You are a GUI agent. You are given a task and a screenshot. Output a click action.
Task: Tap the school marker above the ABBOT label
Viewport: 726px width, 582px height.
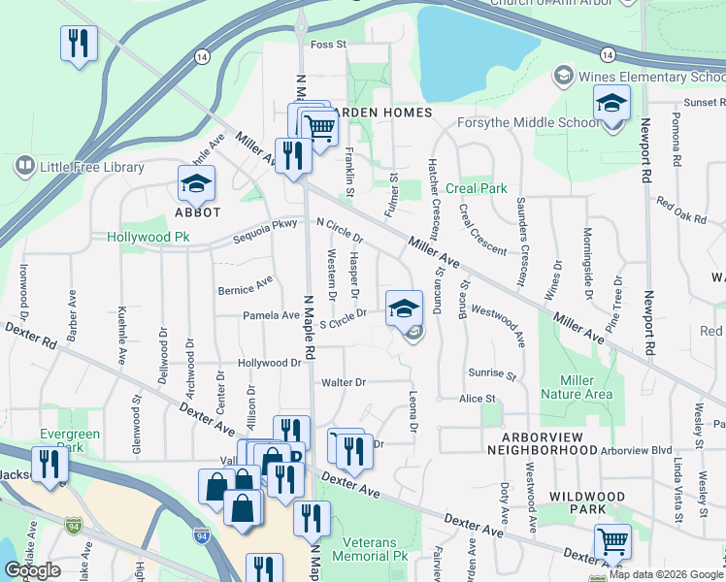point(195,183)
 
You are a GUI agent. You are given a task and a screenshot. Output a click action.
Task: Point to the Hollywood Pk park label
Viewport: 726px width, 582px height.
point(148,237)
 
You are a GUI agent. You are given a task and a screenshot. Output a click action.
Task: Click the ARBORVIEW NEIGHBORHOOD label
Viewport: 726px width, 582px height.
point(540,442)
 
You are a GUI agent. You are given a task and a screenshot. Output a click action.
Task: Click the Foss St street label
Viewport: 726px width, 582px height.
point(328,45)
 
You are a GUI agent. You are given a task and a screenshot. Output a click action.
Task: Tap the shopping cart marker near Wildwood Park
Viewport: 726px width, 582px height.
point(612,541)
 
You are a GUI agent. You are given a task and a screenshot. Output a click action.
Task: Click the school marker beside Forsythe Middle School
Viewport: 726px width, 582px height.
point(611,103)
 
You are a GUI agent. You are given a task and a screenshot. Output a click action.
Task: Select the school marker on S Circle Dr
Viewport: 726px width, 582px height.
point(404,308)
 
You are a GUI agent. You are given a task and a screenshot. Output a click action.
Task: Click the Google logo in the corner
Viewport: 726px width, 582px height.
point(32,570)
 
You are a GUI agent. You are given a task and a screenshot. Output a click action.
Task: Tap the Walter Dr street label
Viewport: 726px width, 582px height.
point(344,382)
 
